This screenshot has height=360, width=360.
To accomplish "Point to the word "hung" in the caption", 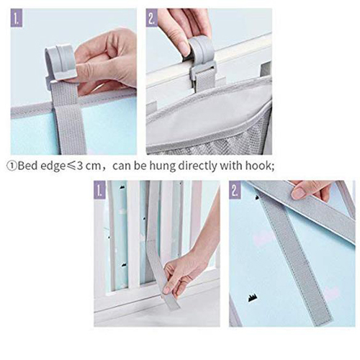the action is tap(163, 166).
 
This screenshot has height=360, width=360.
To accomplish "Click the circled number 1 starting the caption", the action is tap(12, 166).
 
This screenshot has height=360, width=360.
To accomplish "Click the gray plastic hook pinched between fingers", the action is tap(60, 63).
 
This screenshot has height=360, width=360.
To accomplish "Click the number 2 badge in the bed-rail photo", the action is tap(152, 18).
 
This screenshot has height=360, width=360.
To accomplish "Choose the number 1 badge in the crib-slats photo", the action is tap(99, 189).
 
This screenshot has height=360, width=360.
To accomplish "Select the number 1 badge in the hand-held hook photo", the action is tap(17, 18).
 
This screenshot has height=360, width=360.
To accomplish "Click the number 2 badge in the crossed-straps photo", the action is tap(235, 190).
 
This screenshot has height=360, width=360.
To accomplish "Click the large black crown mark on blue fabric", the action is tap(252, 299).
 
